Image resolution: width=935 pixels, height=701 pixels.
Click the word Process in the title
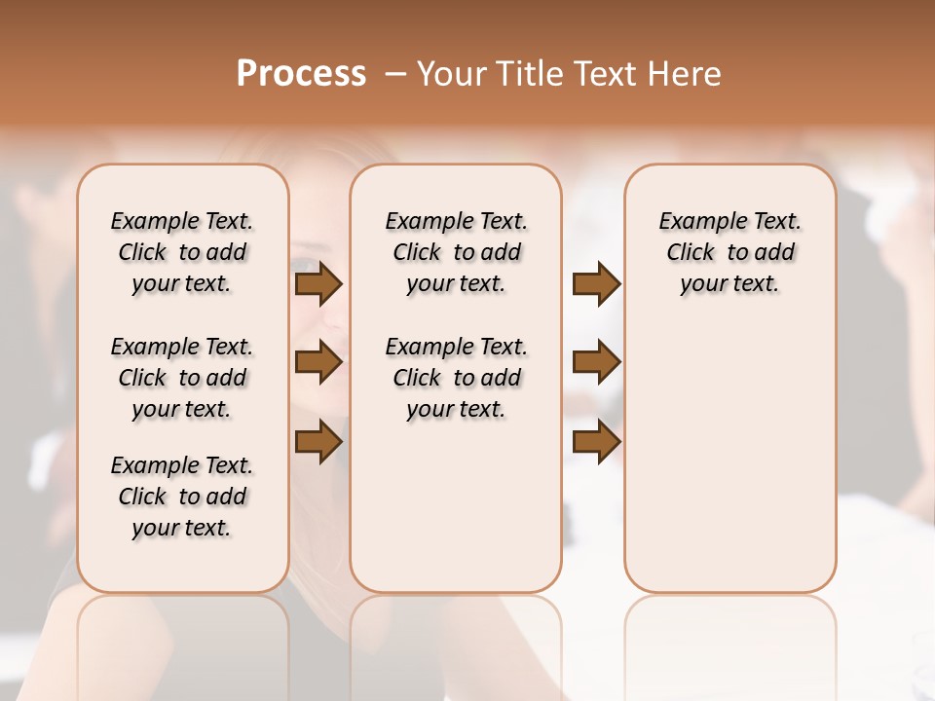301,74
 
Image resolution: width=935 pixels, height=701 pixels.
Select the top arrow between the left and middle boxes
318,284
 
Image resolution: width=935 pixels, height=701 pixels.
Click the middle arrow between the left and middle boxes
318,362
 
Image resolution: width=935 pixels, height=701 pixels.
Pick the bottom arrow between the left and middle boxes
318,441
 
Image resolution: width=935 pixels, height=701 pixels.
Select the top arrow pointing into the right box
596,284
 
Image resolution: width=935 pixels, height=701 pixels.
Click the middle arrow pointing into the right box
596,362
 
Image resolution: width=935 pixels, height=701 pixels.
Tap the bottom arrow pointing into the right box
596,441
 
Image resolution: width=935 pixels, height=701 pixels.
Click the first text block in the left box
182,252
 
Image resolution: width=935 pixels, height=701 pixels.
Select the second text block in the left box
182,378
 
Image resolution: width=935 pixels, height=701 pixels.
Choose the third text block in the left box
182,497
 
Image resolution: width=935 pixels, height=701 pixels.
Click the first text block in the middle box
456,252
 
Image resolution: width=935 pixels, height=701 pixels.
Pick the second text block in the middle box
456,378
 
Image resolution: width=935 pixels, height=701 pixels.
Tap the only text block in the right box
729,252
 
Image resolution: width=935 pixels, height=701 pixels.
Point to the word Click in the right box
691,253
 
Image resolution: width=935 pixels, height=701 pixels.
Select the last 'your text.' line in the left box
182,528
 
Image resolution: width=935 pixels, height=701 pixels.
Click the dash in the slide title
395,74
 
